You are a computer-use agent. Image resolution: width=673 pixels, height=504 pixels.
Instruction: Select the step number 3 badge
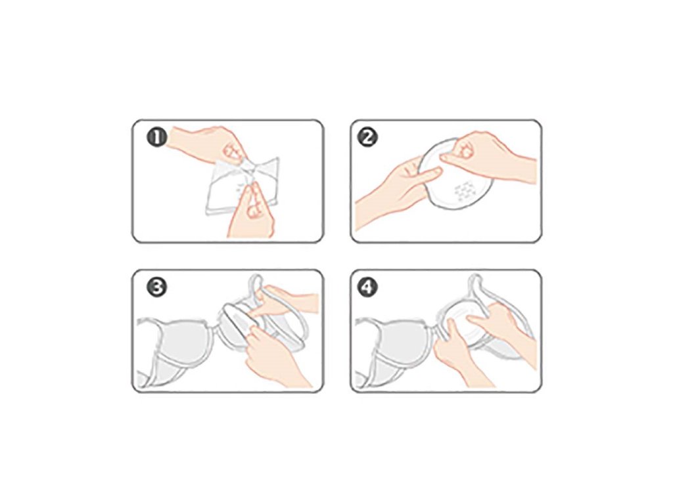[x=157, y=288]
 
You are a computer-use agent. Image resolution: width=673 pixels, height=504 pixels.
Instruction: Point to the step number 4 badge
[x=368, y=288]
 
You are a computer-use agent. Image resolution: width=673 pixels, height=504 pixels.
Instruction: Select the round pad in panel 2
[x=455, y=176]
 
